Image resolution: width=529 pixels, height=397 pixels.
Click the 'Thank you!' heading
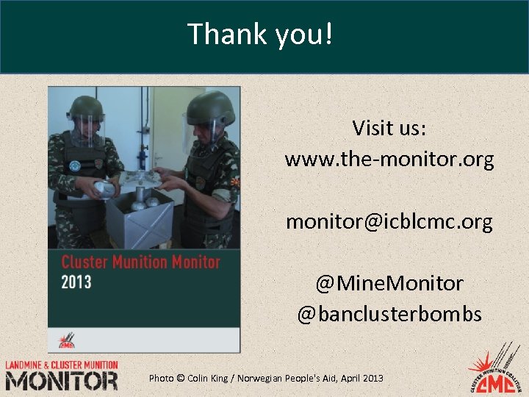pos(260,34)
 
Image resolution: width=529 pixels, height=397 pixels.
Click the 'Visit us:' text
pos(389,128)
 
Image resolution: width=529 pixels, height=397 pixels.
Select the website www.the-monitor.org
pos(389,159)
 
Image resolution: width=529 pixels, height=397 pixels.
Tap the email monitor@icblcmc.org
pos(389,221)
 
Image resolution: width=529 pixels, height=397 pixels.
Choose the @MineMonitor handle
pos(389,283)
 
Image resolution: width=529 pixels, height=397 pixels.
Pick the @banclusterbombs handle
pos(389,315)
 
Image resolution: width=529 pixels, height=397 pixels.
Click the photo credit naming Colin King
pos(266,378)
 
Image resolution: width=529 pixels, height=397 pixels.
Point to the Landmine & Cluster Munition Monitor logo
pos(61,375)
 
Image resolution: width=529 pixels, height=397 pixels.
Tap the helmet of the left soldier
pos(87,107)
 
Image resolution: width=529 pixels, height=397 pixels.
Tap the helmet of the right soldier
pos(210,107)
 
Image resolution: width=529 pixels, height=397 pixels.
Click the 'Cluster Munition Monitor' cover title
pos(140,262)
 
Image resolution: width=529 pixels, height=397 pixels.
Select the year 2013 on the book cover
pos(76,282)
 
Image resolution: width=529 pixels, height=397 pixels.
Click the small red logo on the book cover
pos(66,341)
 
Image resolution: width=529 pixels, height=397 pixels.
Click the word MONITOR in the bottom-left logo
pos(61,381)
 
